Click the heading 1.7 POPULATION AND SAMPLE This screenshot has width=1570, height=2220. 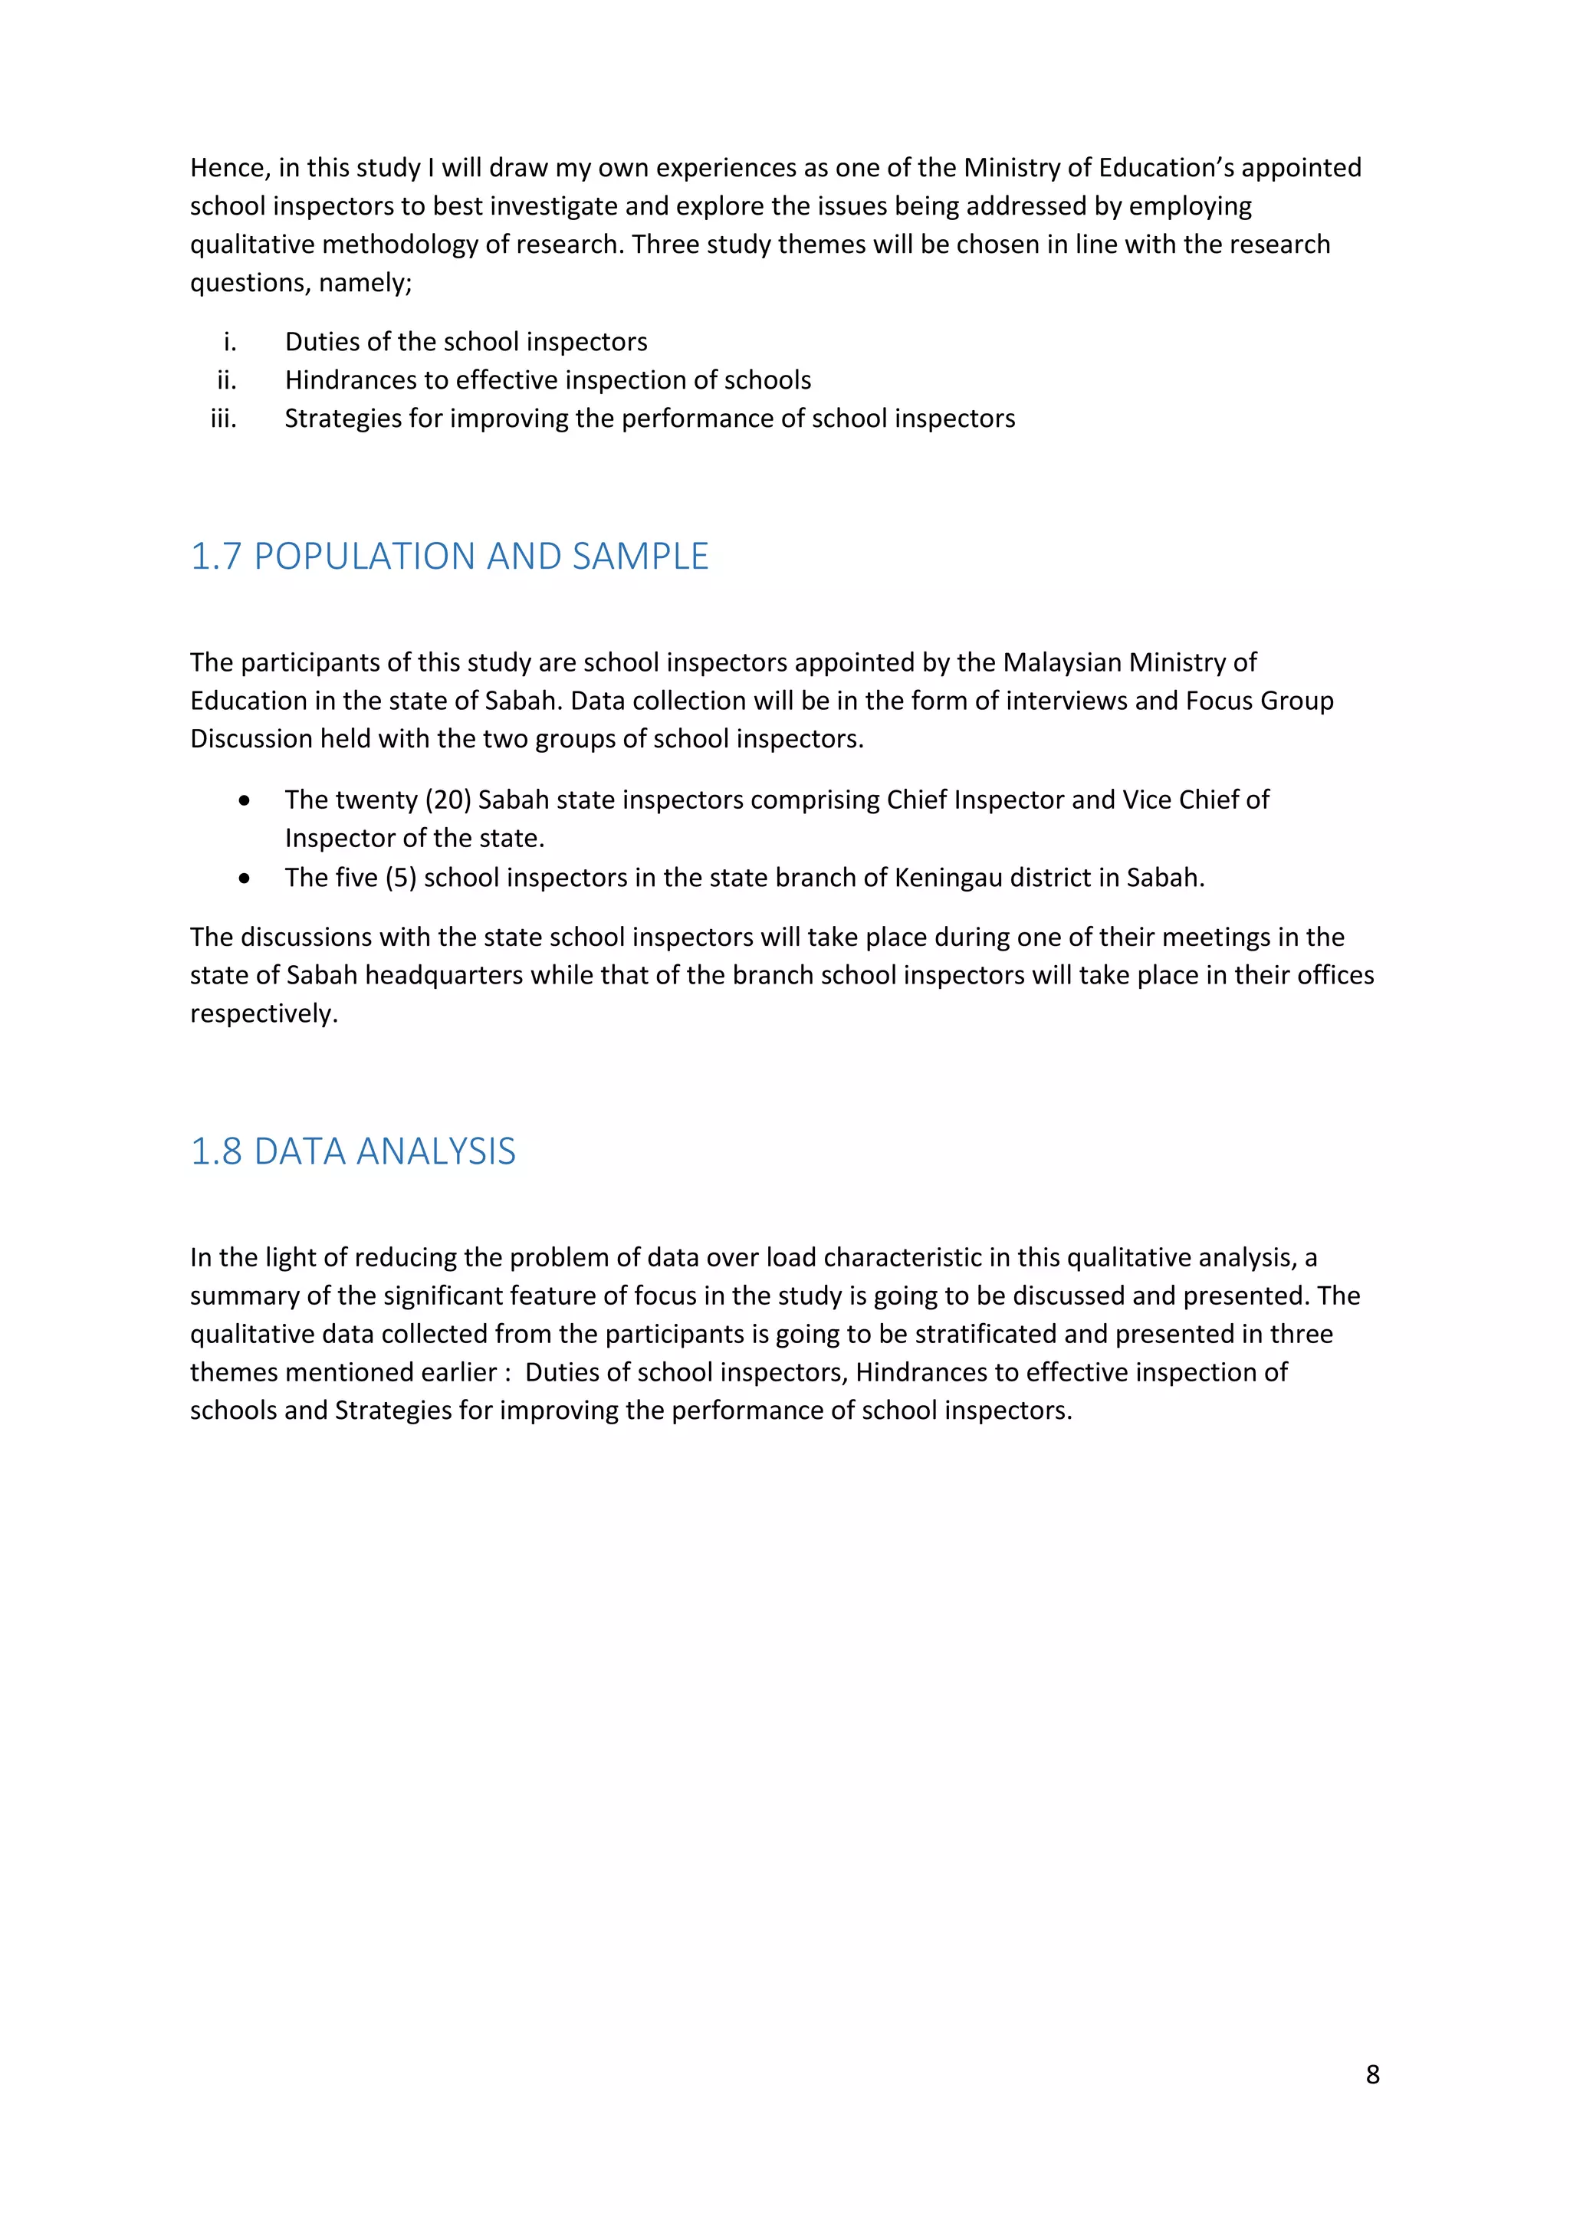pyautogui.click(x=449, y=557)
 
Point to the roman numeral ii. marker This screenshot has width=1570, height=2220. pyautogui.click(x=226, y=380)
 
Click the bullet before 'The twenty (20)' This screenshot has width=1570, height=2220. pyautogui.click(x=245, y=800)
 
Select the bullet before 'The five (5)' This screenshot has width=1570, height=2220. pyautogui.click(x=245, y=878)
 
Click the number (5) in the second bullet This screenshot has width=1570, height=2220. pyautogui.click(x=400, y=878)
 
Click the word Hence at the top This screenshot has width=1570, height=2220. pyautogui.click(x=229, y=168)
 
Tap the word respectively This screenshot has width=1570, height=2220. pyautogui.click(x=263, y=1014)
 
